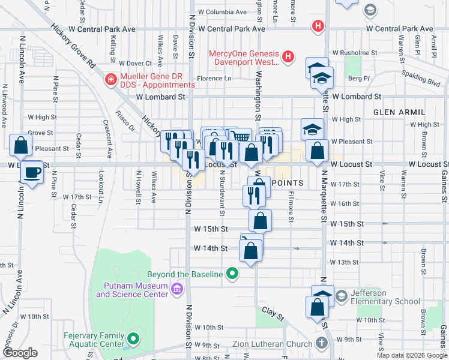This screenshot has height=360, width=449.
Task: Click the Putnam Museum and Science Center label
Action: (x=132, y=290)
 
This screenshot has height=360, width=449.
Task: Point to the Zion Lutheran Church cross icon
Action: (x=321, y=343)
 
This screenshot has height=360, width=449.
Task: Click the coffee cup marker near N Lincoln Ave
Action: (x=31, y=173)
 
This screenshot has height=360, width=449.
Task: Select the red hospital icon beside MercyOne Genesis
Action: (x=289, y=57)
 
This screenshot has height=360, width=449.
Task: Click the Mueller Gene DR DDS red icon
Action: (x=110, y=79)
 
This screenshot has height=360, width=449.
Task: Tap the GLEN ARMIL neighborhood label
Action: (x=399, y=112)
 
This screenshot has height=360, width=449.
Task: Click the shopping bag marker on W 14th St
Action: (x=251, y=250)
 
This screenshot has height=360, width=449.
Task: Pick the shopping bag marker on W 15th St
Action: (x=259, y=221)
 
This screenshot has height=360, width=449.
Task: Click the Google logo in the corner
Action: (x=20, y=353)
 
